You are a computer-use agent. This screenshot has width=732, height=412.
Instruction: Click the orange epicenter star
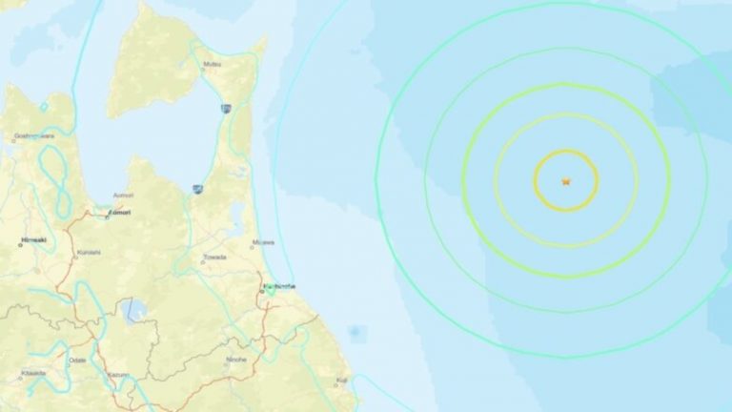coord(565,180)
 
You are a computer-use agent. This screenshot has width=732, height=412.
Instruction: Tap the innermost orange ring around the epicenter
coord(565,151)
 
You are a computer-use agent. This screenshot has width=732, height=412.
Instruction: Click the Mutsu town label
coord(211,65)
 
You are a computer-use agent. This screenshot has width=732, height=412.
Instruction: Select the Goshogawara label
coord(33,136)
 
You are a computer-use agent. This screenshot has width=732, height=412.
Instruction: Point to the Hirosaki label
coord(36,244)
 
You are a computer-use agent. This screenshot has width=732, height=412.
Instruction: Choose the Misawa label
coord(261,242)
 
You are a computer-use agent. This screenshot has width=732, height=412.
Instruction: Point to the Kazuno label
coord(118,374)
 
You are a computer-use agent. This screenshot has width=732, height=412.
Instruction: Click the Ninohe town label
coord(235,359)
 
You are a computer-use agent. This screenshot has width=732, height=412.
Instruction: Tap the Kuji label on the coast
coord(342,381)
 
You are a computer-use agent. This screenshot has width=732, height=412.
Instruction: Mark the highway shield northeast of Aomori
coord(196,190)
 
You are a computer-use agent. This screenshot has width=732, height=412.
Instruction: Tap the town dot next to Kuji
coord(335,386)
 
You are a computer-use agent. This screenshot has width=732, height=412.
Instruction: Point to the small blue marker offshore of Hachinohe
coord(356,332)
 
